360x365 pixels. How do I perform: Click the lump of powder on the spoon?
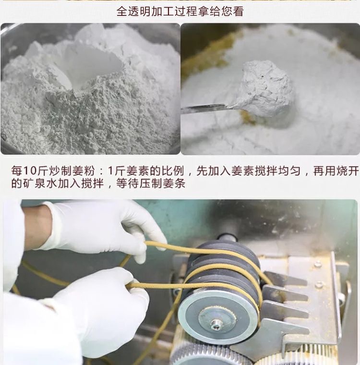coord(265,88)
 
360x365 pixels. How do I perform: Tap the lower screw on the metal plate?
coord(319,284)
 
